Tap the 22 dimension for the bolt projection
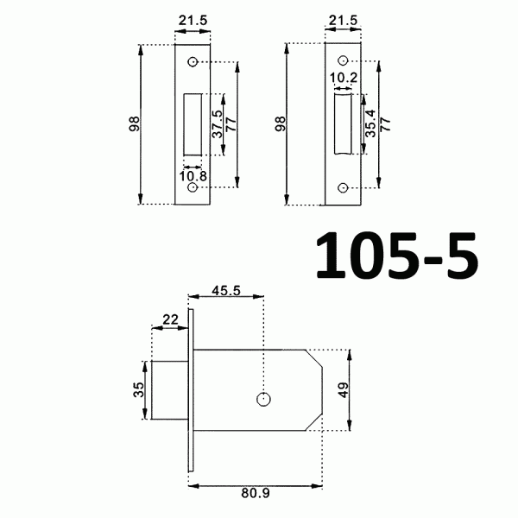(169, 319)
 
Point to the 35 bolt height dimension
(138, 389)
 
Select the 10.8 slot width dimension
(192, 177)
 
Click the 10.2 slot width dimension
(343, 79)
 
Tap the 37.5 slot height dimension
(217, 124)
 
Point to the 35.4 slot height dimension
(370, 124)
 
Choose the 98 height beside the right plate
(280, 124)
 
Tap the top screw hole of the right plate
(343, 60)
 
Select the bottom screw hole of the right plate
(343, 187)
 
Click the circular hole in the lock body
(263, 398)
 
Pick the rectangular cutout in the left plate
(193, 124)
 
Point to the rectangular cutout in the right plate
(342, 124)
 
